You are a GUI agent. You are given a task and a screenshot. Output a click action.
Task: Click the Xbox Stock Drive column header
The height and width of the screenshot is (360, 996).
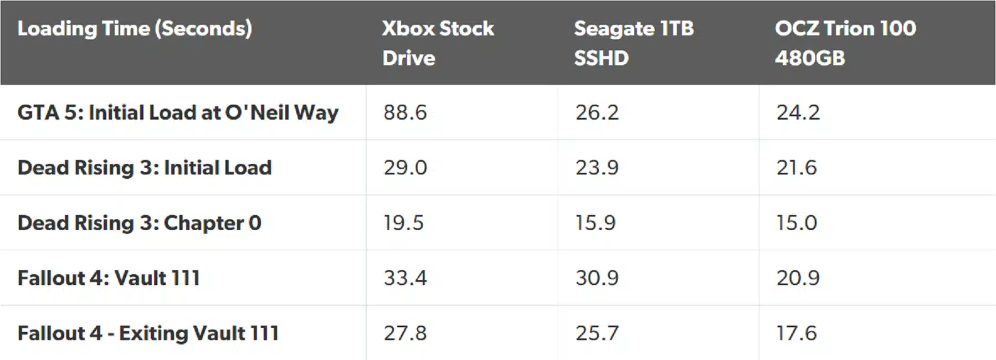pyautogui.click(x=437, y=43)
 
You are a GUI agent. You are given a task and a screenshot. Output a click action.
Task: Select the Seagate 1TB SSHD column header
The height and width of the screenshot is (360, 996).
pyautogui.click(x=633, y=43)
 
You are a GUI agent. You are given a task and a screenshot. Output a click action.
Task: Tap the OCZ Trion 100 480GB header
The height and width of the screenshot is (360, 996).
pyautogui.click(x=845, y=43)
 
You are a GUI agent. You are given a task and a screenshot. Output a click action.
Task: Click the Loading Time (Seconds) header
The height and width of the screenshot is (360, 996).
pyautogui.click(x=135, y=29)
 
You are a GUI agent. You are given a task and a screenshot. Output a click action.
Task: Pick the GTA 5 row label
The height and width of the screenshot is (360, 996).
pyautogui.click(x=178, y=112)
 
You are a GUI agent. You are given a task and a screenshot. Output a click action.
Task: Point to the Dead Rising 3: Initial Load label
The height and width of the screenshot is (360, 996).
pyautogui.click(x=145, y=167)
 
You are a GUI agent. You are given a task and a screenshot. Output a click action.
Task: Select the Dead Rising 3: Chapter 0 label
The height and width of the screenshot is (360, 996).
pyautogui.click(x=139, y=223)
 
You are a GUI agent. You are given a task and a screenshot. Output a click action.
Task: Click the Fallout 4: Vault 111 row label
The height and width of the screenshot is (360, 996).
pyautogui.click(x=109, y=277)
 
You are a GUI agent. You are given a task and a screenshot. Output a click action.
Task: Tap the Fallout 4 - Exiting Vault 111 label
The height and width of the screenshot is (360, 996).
pyautogui.click(x=148, y=333)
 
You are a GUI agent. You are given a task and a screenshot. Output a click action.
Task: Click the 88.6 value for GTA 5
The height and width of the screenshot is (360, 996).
pyautogui.click(x=405, y=112)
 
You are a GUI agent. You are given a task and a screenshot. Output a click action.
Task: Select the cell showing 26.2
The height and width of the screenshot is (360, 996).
pyautogui.click(x=597, y=112)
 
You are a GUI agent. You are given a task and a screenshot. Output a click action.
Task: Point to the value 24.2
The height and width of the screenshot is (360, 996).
pyautogui.click(x=798, y=112)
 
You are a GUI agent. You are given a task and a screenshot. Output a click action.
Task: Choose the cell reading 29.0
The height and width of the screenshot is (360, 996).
pyautogui.click(x=405, y=167)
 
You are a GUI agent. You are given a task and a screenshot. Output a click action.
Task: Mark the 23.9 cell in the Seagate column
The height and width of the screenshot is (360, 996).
pyautogui.click(x=597, y=167)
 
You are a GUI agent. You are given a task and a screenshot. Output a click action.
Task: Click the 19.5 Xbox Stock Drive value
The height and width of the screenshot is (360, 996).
pyautogui.click(x=403, y=223)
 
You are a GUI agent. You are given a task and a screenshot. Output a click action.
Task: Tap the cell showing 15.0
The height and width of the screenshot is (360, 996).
pyautogui.click(x=796, y=223)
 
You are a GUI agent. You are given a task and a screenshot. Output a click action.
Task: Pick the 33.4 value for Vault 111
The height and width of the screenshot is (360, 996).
pyautogui.click(x=405, y=277)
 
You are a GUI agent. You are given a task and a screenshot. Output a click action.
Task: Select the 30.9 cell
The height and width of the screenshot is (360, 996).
pyautogui.click(x=597, y=277)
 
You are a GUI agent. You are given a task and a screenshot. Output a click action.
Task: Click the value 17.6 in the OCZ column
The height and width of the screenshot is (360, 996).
pyautogui.click(x=796, y=333)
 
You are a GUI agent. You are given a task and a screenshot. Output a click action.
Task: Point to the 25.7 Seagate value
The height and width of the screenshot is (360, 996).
pyautogui.click(x=597, y=333)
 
